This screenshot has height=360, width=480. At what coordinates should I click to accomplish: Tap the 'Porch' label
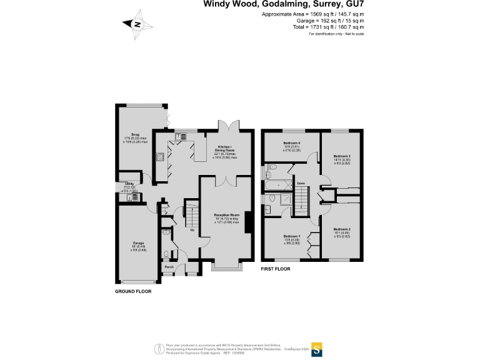169,267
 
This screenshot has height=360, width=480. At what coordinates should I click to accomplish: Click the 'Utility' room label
130,184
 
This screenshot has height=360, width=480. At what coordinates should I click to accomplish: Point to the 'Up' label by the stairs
192,229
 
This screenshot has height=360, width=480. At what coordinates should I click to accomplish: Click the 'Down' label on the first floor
300,182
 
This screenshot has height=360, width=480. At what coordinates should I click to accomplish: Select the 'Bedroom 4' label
291,143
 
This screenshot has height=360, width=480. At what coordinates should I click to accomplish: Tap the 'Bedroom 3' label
341,156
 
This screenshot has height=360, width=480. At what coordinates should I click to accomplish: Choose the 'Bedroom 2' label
341,229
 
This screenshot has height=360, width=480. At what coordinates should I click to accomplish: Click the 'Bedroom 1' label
292,236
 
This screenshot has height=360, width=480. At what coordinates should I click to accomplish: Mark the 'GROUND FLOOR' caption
133,291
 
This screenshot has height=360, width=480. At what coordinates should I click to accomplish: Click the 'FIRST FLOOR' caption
276,269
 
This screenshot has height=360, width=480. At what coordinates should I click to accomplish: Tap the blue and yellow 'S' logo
317,348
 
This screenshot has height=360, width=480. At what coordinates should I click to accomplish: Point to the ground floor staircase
191,216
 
